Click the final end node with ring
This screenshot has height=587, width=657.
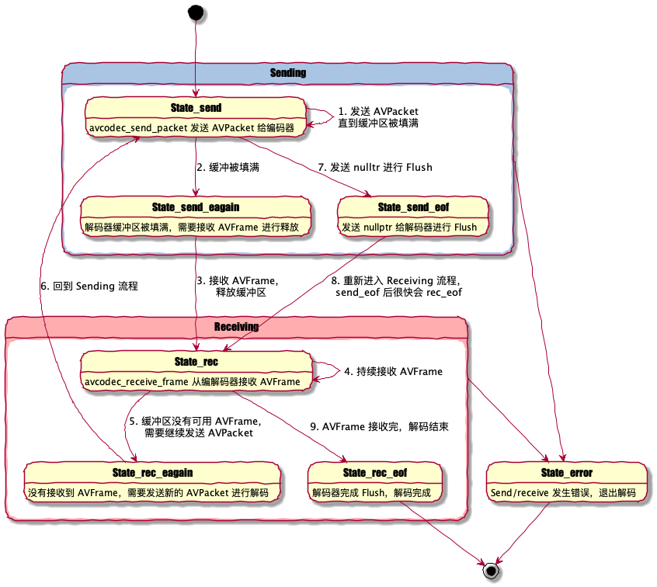click(x=489, y=571)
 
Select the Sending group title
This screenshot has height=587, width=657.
click(x=287, y=73)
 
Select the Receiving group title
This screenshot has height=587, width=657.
click(x=236, y=327)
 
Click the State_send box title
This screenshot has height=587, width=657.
click(x=196, y=106)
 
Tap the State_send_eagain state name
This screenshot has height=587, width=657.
click(x=196, y=207)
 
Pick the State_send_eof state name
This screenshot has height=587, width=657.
click(x=413, y=207)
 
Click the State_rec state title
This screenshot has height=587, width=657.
click(x=196, y=361)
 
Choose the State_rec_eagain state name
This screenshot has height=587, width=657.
click(x=152, y=472)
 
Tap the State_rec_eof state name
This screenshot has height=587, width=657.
click(x=375, y=472)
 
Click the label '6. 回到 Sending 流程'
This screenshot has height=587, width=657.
click(x=89, y=286)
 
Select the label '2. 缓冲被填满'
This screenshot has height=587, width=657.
click(x=228, y=167)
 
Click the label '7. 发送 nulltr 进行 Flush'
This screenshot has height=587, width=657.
click(x=374, y=167)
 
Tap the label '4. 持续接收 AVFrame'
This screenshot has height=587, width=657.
click(x=393, y=371)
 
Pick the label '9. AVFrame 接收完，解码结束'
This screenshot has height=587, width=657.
click(x=379, y=426)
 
